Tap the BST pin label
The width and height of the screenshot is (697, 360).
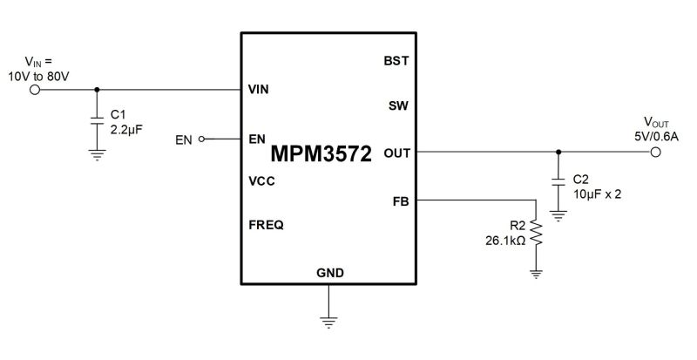point(396,61)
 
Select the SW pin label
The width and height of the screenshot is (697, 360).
point(398,106)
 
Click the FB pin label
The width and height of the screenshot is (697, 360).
point(401,201)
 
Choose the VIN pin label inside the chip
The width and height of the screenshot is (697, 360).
point(258,89)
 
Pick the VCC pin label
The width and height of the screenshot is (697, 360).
point(262,181)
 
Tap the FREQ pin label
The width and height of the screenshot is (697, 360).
point(266,225)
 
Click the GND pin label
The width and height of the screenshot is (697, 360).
point(329,274)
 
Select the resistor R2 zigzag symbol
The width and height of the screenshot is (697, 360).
point(537,233)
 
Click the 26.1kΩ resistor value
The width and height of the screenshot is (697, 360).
point(504,241)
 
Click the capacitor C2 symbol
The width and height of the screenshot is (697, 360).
point(558,184)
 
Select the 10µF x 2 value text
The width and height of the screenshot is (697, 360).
point(598,193)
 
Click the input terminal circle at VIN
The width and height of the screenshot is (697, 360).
point(36,89)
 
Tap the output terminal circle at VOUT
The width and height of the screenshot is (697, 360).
point(655,153)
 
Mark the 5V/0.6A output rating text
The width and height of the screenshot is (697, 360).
point(655,135)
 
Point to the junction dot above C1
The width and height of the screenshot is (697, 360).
point(96,89)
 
